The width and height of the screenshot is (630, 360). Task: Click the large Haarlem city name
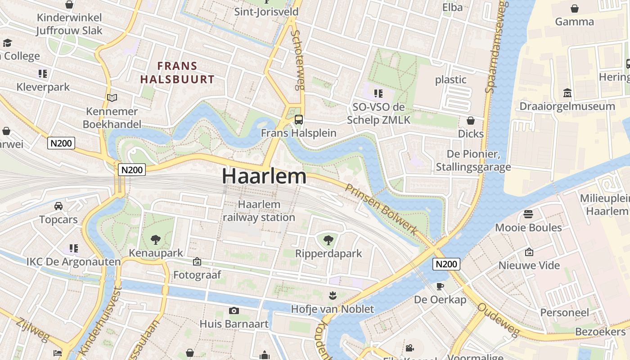(x=264, y=176)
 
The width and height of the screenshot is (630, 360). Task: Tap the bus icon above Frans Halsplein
(x=299, y=120)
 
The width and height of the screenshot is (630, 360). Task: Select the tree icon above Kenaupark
(x=156, y=239)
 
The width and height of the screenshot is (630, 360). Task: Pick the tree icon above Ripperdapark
(x=328, y=240)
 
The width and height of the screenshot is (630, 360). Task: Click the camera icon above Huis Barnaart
(x=234, y=310)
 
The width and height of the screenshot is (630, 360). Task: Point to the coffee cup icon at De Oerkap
(x=440, y=286)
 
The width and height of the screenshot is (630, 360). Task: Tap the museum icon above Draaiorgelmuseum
(x=567, y=93)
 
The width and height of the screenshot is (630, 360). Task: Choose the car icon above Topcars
(x=58, y=206)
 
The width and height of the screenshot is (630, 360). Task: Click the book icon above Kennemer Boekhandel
(x=112, y=98)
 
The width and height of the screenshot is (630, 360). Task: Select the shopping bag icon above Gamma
(x=575, y=8)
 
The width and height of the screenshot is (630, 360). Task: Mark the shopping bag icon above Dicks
(x=471, y=121)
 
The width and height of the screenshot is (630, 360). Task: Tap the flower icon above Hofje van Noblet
(x=332, y=296)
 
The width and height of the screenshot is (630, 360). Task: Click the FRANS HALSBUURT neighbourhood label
(x=177, y=72)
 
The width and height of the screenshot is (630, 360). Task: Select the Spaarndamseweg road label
(x=496, y=47)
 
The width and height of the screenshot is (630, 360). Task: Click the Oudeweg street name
(x=498, y=319)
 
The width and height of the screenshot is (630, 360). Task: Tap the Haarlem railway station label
(x=259, y=211)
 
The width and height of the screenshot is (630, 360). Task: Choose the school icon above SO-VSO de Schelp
(x=378, y=94)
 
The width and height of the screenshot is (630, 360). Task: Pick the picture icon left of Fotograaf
(x=197, y=261)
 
